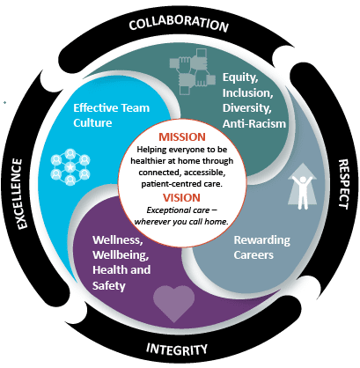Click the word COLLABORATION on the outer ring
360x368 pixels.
(179, 24)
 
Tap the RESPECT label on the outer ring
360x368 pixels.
(343, 184)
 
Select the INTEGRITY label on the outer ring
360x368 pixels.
(177, 349)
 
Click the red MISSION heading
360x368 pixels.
(182, 137)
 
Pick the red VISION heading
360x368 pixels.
(182, 197)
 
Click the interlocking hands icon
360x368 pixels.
(193, 71)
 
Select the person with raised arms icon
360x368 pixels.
(303, 187)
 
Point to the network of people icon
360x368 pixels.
(70, 167)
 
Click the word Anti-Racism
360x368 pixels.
(254, 123)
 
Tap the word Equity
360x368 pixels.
(240, 77)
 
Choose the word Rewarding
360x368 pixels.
(262, 240)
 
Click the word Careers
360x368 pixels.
(253, 254)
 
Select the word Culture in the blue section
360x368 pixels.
(92, 122)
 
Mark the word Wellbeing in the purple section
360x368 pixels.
(121, 254)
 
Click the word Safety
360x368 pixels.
(109, 285)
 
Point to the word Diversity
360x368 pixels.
(246, 108)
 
